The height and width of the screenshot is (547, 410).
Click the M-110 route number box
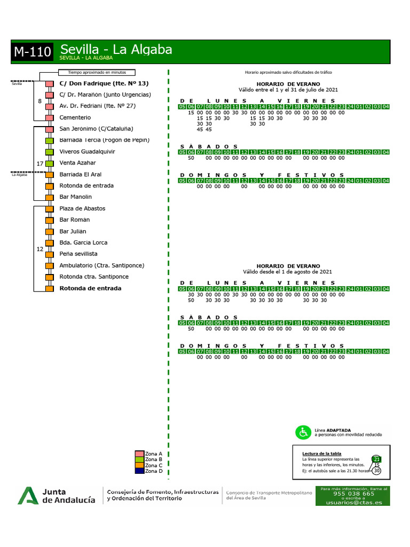33,52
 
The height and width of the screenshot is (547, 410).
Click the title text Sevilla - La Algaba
116,49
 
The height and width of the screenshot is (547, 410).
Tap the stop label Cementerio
75,118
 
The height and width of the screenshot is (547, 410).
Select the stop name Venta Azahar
78,163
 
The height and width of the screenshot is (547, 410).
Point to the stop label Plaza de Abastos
82,208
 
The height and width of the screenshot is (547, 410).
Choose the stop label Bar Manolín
76,197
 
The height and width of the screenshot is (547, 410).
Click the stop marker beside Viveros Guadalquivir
49,152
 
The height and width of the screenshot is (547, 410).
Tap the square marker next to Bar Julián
49,231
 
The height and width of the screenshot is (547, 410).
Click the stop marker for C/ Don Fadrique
49,84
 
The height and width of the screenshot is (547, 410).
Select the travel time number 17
40,163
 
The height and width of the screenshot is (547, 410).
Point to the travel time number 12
40,249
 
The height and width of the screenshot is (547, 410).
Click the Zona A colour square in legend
139,454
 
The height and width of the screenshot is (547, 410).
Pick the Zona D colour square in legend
139,471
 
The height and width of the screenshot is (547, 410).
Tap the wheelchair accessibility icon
303,432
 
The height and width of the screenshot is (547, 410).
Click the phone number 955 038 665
353,494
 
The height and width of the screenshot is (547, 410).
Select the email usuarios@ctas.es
353,503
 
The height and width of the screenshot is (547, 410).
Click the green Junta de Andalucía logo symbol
27,496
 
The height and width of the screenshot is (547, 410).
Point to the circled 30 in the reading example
377,471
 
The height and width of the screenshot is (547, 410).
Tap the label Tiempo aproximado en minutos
96,73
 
